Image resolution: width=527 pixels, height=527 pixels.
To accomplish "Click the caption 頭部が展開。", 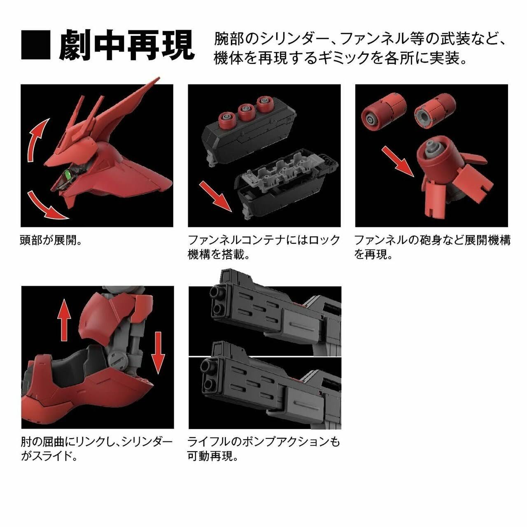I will [x=51, y=240].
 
